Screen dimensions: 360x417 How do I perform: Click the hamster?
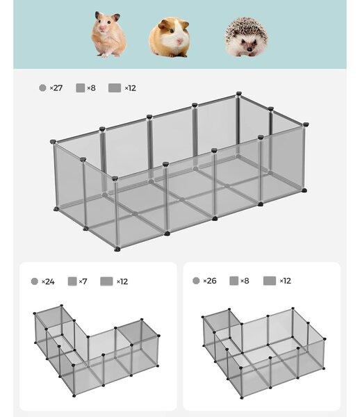pos(108,35)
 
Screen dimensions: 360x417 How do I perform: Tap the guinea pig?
pos(170,38)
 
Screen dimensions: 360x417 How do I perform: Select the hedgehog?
pos(246,38)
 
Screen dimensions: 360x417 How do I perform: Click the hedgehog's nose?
pos(249,50)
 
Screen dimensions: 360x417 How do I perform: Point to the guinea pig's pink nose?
pos(180,41)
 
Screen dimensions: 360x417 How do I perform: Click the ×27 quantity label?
pos(56,88)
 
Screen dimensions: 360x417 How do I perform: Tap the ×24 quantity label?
pos(48,281)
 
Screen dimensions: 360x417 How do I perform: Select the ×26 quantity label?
pos(210,281)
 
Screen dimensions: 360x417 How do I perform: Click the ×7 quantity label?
pos(83,281)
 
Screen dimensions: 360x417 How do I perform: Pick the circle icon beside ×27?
pos(42,88)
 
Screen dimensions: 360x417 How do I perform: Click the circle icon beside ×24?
pos(35,281)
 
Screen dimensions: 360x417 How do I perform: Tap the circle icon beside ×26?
pos(196,281)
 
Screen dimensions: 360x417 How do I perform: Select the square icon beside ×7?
pos(72,281)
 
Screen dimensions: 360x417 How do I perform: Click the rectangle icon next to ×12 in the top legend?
pos(115,88)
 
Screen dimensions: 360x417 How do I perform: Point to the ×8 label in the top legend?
pos(91,88)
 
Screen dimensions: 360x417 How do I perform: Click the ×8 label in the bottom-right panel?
pos(245,281)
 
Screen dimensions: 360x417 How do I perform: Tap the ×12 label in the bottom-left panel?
pos(122,281)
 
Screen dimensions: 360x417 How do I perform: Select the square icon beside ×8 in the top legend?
pos(81,88)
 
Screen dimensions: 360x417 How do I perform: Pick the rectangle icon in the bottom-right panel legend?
pos(270,281)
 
